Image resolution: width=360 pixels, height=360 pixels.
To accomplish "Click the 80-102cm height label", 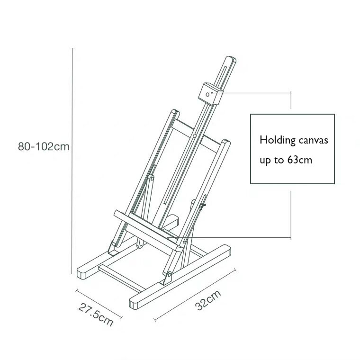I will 44,146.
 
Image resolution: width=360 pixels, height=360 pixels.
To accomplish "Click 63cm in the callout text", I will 299,160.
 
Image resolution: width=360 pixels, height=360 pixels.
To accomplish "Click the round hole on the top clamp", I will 207,95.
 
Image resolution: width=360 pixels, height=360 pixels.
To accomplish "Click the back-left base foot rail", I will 97,264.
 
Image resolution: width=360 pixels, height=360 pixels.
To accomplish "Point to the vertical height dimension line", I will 72,161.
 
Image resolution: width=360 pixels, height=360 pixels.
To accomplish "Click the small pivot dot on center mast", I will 195,136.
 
